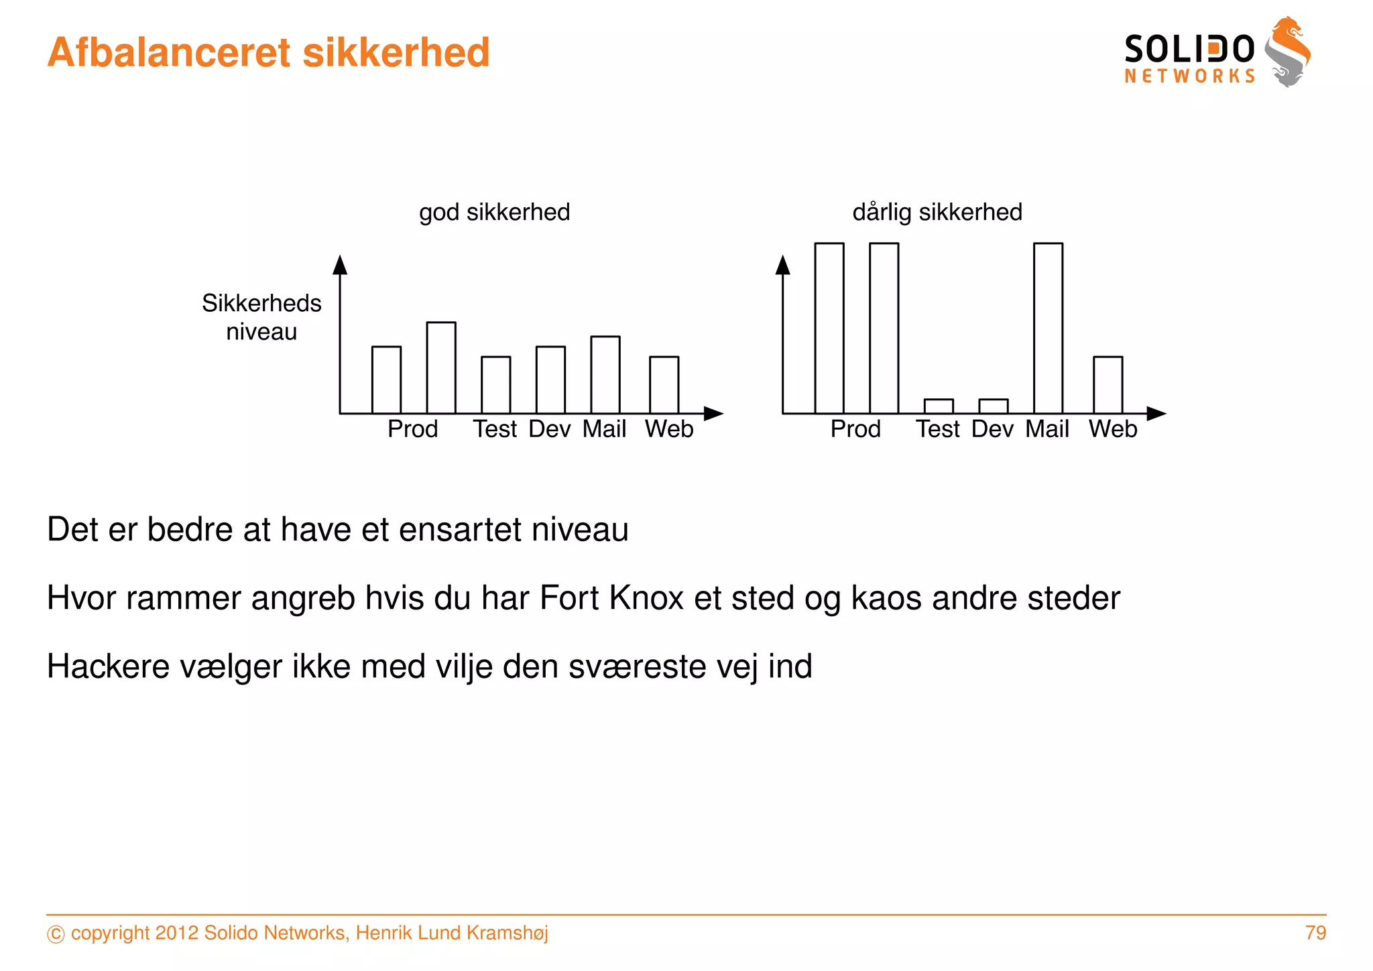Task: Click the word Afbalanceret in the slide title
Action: point(170,52)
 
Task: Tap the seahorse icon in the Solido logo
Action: point(1287,52)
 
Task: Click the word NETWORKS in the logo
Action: point(1189,76)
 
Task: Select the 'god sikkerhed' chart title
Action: point(495,213)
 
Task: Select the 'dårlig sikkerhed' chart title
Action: point(937,213)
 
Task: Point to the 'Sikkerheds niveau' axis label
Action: point(261,317)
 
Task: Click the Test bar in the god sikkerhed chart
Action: point(495,385)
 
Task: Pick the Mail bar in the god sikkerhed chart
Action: point(605,375)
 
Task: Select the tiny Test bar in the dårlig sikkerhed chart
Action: point(939,406)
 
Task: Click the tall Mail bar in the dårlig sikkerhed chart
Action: point(1048,328)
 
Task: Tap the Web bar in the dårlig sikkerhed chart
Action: point(1108,385)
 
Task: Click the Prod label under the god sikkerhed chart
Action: point(412,429)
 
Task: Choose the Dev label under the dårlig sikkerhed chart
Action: point(992,429)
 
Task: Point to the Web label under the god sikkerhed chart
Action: point(669,429)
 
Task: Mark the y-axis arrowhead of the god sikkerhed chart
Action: point(340,265)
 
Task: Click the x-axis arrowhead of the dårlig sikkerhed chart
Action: point(1156,414)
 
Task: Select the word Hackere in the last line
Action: point(108,667)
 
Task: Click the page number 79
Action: point(1315,933)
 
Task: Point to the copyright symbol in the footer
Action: point(56,934)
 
